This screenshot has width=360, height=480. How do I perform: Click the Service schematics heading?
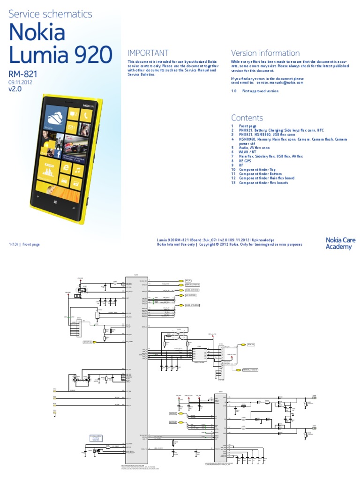[x=51, y=15]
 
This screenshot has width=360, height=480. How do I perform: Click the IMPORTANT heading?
[x=148, y=53]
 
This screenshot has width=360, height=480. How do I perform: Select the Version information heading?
[x=265, y=53]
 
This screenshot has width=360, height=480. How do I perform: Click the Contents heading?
[x=247, y=118]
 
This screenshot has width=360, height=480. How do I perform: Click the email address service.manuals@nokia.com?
[x=280, y=82]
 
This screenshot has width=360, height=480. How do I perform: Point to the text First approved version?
[x=260, y=91]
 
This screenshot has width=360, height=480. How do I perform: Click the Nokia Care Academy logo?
[x=340, y=243]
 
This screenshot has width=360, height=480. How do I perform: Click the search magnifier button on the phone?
[x=74, y=208]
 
